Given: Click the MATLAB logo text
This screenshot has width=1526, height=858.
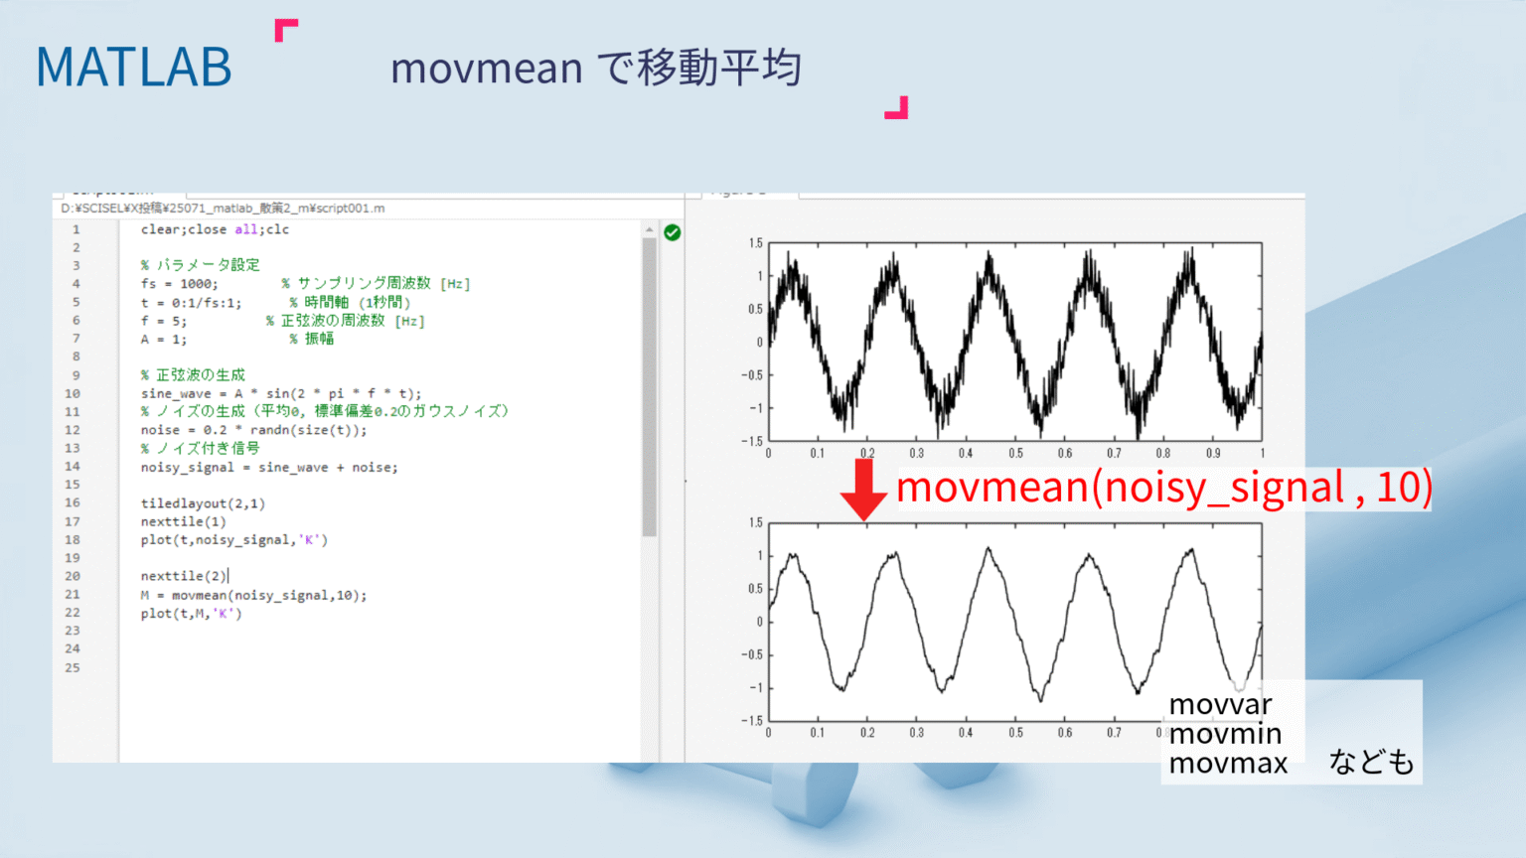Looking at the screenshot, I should coord(134,68).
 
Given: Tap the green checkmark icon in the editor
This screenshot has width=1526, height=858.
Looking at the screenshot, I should coord(673,232).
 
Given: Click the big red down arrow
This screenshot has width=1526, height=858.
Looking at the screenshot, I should coord(863,489).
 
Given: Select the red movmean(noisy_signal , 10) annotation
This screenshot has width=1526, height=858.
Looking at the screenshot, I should coord(1164,488).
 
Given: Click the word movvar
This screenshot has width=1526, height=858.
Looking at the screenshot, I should coord(1220,704).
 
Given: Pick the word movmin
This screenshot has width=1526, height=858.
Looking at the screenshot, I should coord(1225,734).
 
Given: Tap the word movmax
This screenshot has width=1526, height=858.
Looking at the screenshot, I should coord(1228,764).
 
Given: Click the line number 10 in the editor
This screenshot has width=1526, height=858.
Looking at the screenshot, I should coord(73,393).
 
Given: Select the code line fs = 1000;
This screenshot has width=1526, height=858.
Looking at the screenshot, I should coord(179,284).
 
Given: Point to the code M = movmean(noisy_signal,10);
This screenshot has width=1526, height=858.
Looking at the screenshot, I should coord(253,595).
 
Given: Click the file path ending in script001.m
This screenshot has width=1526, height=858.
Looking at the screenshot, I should coord(223,209).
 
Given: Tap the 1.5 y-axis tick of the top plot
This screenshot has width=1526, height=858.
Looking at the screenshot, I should coord(756,243).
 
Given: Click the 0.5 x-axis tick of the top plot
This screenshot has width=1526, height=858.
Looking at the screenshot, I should coord(1015,454).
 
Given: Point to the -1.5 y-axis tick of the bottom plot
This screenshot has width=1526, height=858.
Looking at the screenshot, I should coord(754,721).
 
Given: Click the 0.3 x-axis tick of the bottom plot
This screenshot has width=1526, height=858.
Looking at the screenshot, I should coord(916,733).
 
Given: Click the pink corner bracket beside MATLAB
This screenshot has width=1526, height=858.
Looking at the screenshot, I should coord(285,30).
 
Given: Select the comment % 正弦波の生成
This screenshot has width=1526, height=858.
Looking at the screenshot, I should coord(193,374).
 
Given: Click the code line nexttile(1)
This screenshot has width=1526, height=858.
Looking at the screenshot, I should coord(183,521).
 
